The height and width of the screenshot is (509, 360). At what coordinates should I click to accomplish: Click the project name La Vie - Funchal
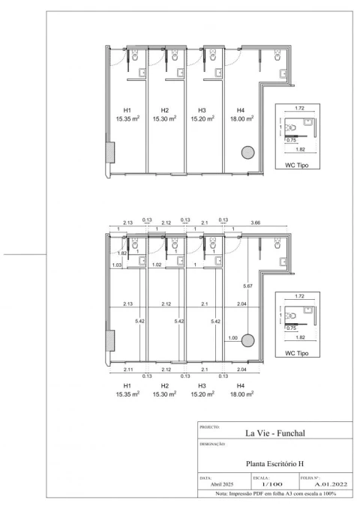click(x=274, y=433)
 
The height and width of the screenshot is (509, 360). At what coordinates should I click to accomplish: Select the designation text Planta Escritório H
click(x=274, y=463)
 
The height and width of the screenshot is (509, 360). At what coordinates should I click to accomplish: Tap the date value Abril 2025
click(x=222, y=484)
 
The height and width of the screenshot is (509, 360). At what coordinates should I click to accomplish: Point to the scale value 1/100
click(x=272, y=484)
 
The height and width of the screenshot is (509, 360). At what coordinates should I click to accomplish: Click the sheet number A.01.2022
click(x=331, y=484)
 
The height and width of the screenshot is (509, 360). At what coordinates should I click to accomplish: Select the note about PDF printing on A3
click(x=275, y=494)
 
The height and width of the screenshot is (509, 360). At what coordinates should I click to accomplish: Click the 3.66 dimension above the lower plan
click(x=256, y=223)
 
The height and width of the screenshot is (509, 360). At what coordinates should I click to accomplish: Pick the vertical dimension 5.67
click(x=247, y=286)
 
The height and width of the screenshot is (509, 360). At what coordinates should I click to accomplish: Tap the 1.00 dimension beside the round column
click(x=232, y=338)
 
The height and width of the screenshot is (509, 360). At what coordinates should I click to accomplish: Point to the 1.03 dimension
click(x=117, y=265)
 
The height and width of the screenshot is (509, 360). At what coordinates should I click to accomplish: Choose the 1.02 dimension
click(x=157, y=265)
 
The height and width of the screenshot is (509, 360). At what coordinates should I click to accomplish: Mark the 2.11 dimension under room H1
click(x=128, y=370)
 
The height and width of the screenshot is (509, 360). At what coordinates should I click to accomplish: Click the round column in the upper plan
click(x=248, y=153)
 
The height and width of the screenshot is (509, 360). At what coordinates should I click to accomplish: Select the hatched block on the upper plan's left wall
click(x=110, y=153)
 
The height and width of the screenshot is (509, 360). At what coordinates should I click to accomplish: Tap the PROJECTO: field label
click(x=209, y=427)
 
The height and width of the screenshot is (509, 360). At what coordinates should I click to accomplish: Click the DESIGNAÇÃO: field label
click(x=212, y=444)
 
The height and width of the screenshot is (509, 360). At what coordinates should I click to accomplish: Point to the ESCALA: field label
click(x=261, y=478)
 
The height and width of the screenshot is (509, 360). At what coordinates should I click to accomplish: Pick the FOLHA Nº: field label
click(x=310, y=478)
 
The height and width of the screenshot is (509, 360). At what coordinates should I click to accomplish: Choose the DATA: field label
click(x=205, y=478)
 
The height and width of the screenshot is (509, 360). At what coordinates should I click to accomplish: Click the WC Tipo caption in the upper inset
click(x=297, y=165)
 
